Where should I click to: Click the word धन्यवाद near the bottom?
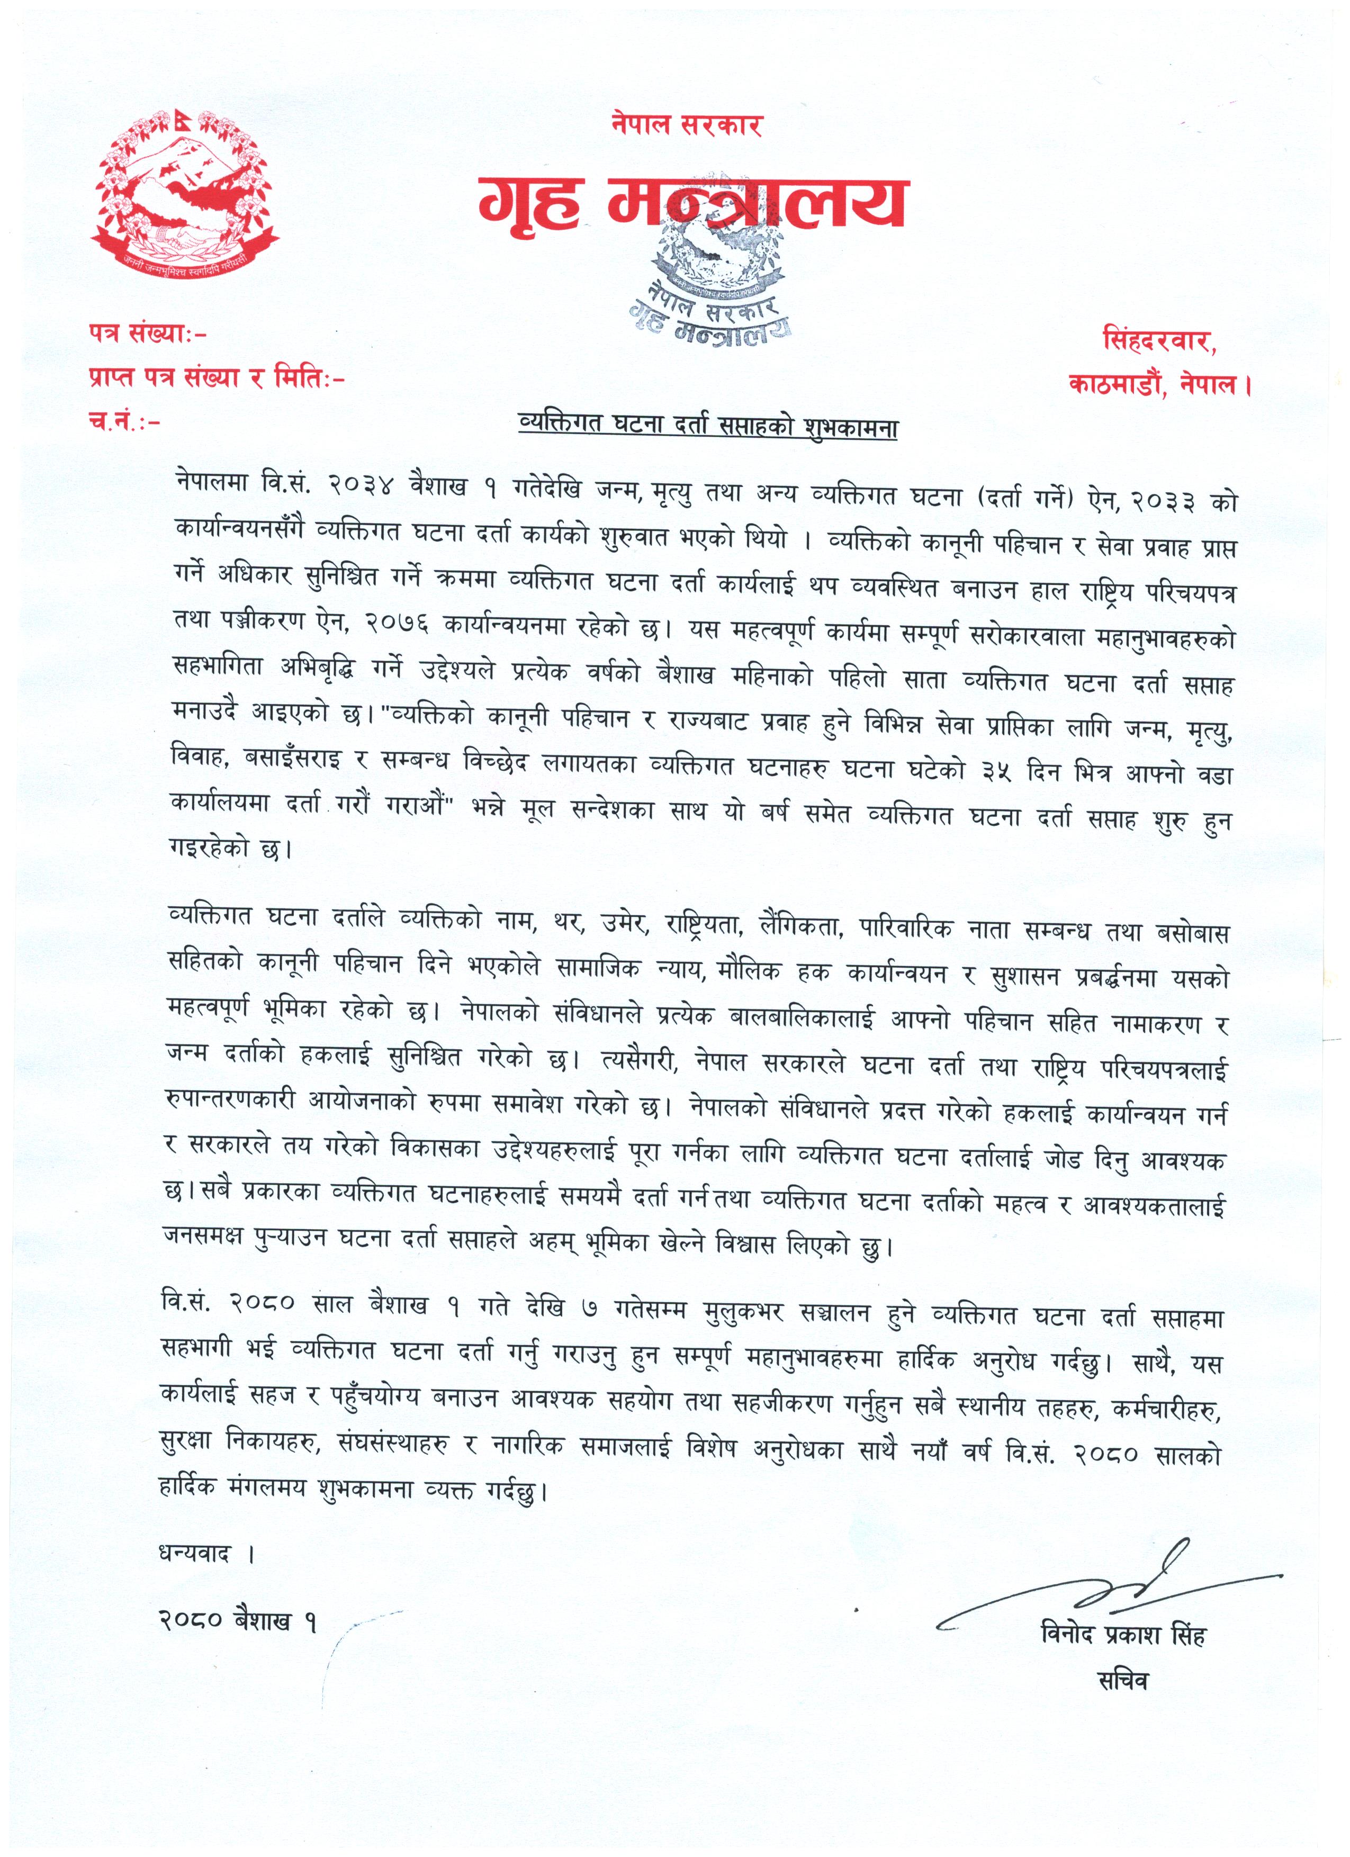click(x=196, y=1553)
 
